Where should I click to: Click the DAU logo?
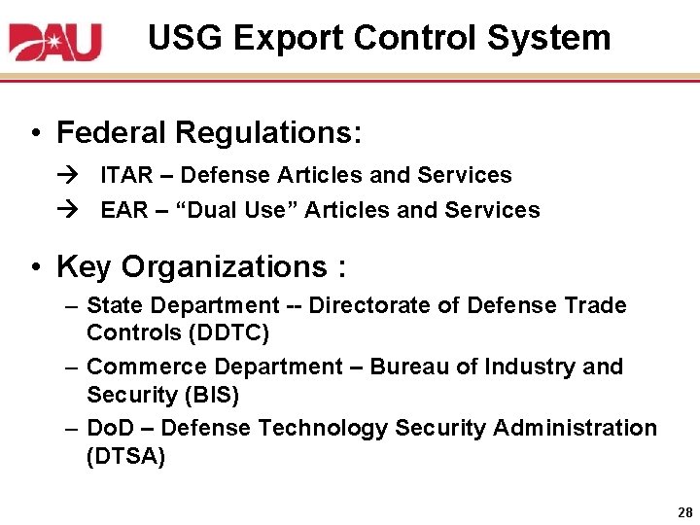pyautogui.click(x=55, y=40)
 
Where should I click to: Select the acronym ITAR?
pyautogui.click(x=126, y=175)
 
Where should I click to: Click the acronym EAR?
pyautogui.click(x=123, y=210)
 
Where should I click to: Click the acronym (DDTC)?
pyautogui.click(x=226, y=332)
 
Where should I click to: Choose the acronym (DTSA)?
pyautogui.click(x=125, y=456)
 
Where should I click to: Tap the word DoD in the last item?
pyautogui.click(x=108, y=428)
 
